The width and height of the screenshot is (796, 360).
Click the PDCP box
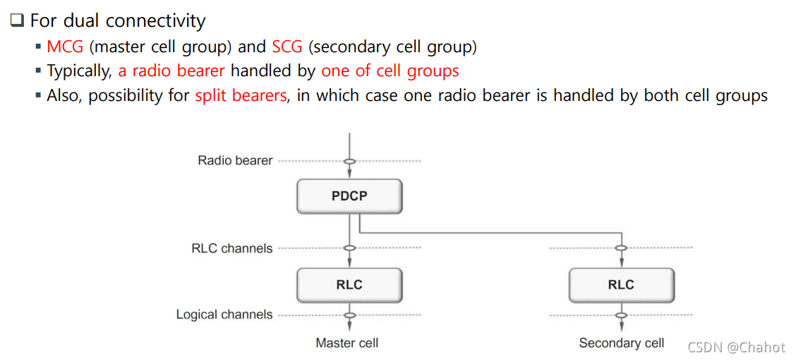[349, 196]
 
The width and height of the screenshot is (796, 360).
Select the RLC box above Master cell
[349, 284]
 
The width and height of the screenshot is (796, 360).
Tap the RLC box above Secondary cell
[621, 284]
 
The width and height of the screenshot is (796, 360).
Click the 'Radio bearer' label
[235, 160]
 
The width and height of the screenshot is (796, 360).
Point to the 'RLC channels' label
[231, 248]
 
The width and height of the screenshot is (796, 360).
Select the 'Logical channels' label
[224, 315]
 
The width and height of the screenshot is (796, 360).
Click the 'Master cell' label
[346, 343]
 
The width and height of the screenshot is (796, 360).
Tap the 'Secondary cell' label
[621, 343]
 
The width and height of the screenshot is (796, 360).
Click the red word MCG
[65, 47]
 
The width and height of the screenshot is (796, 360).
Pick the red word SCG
[287, 47]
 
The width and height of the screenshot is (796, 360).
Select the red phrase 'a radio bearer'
[171, 71]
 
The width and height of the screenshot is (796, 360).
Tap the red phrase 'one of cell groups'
[390, 71]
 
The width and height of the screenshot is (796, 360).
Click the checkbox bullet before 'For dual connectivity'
[17, 21]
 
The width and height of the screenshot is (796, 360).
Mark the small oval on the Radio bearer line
[349, 161]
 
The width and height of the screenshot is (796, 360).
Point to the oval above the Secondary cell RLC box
[621, 248]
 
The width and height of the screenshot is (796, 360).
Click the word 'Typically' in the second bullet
[78, 71]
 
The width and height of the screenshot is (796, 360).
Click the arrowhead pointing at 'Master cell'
[349, 327]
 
